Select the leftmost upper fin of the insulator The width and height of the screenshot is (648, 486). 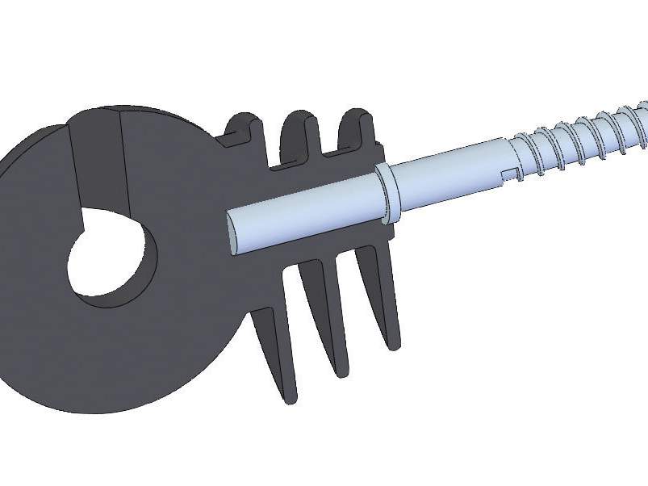coord(242,129)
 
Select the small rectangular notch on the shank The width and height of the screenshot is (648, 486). coord(508,171)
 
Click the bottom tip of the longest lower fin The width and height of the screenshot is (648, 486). coord(289,397)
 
